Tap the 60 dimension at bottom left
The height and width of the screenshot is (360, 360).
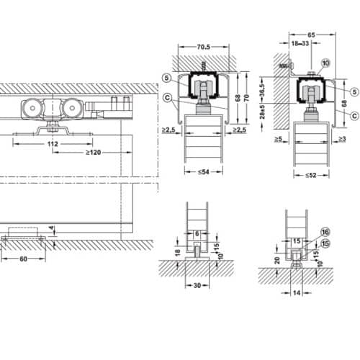tap(23, 257)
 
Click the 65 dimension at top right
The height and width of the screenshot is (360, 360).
tap(311, 34)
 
